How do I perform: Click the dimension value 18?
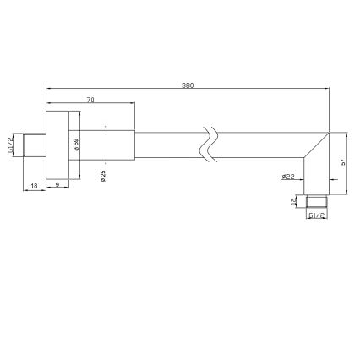coord(33,184)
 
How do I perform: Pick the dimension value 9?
coord(57,184)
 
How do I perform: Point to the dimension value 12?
coord(295,201)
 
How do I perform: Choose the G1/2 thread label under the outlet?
coord(317,216)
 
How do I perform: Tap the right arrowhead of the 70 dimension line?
coord(133,104)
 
